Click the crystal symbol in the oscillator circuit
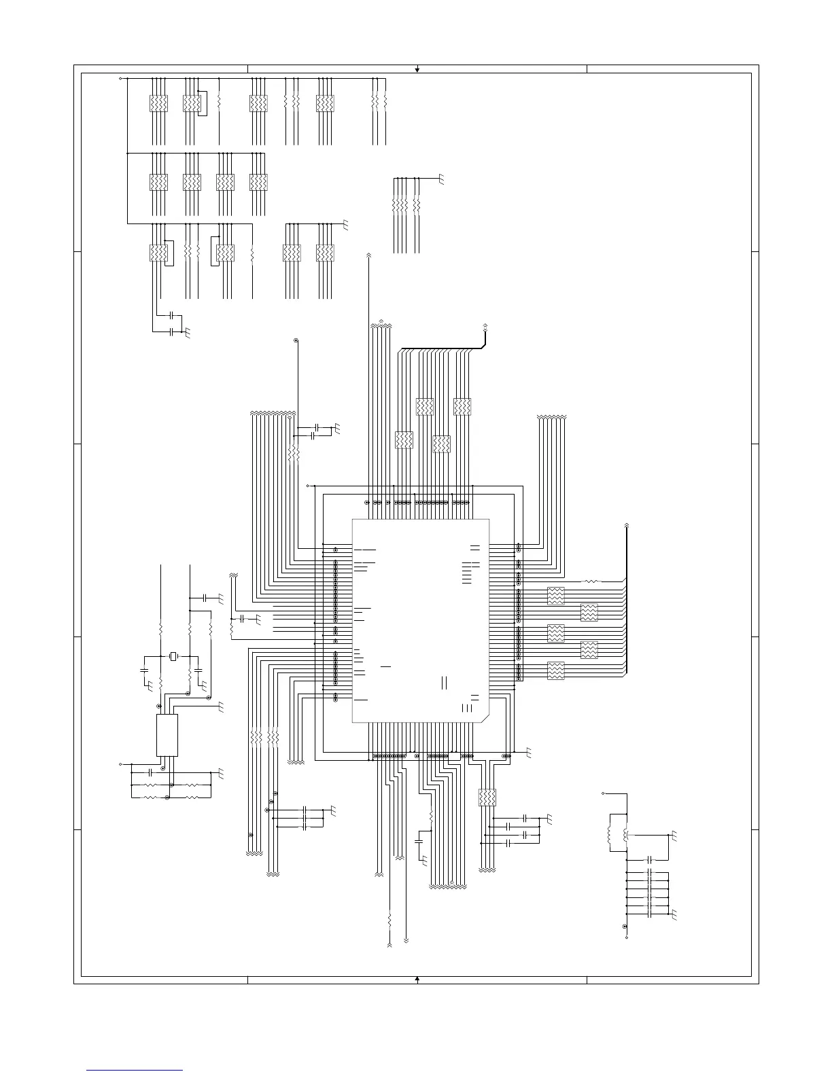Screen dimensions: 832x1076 174,656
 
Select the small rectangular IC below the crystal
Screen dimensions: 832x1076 167,734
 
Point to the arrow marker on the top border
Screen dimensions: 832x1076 417,69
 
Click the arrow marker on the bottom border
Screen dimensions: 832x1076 417,979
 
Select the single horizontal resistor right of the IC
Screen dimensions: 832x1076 592,581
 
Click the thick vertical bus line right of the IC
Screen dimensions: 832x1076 627,598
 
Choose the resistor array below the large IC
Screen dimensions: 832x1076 487,797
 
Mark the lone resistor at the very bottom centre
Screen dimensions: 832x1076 390,920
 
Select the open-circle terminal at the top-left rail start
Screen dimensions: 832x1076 120,78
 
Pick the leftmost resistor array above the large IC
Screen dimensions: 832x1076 404,440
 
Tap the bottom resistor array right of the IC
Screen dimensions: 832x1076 555,670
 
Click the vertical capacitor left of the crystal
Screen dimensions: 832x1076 144,669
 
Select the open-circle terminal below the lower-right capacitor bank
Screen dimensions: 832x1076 626,937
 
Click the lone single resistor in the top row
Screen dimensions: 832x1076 219,103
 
